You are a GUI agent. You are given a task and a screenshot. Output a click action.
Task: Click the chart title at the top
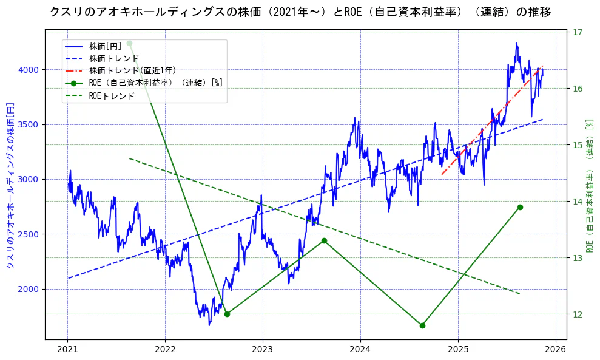(x=300, y=12)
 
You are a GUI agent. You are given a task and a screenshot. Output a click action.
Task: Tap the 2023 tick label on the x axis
(x=263, y=350)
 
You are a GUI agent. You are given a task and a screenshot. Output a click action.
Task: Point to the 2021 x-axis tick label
(x=67, y=350)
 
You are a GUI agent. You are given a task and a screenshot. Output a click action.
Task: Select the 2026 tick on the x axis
(x=555, y=350)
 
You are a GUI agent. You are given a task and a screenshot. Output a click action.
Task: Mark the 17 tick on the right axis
(x=578, y=32)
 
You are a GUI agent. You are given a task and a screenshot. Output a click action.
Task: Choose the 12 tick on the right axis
(x=578, y=314)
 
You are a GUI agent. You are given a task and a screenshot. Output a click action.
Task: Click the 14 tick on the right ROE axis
(x=578, y=202)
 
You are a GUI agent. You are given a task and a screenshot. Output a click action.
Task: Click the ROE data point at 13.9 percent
(x=520, y=207)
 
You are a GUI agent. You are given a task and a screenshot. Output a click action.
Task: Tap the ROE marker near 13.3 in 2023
(x=324, y=240)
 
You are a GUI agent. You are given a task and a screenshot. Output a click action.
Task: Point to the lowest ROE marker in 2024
(x=422, y=325)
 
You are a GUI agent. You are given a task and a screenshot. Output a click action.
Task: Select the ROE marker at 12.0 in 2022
(x=227, y=314)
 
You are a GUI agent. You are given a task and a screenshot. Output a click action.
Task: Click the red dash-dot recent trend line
(x=491, y=121)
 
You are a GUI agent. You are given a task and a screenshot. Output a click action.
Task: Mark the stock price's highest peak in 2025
(x=516, y=44)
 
